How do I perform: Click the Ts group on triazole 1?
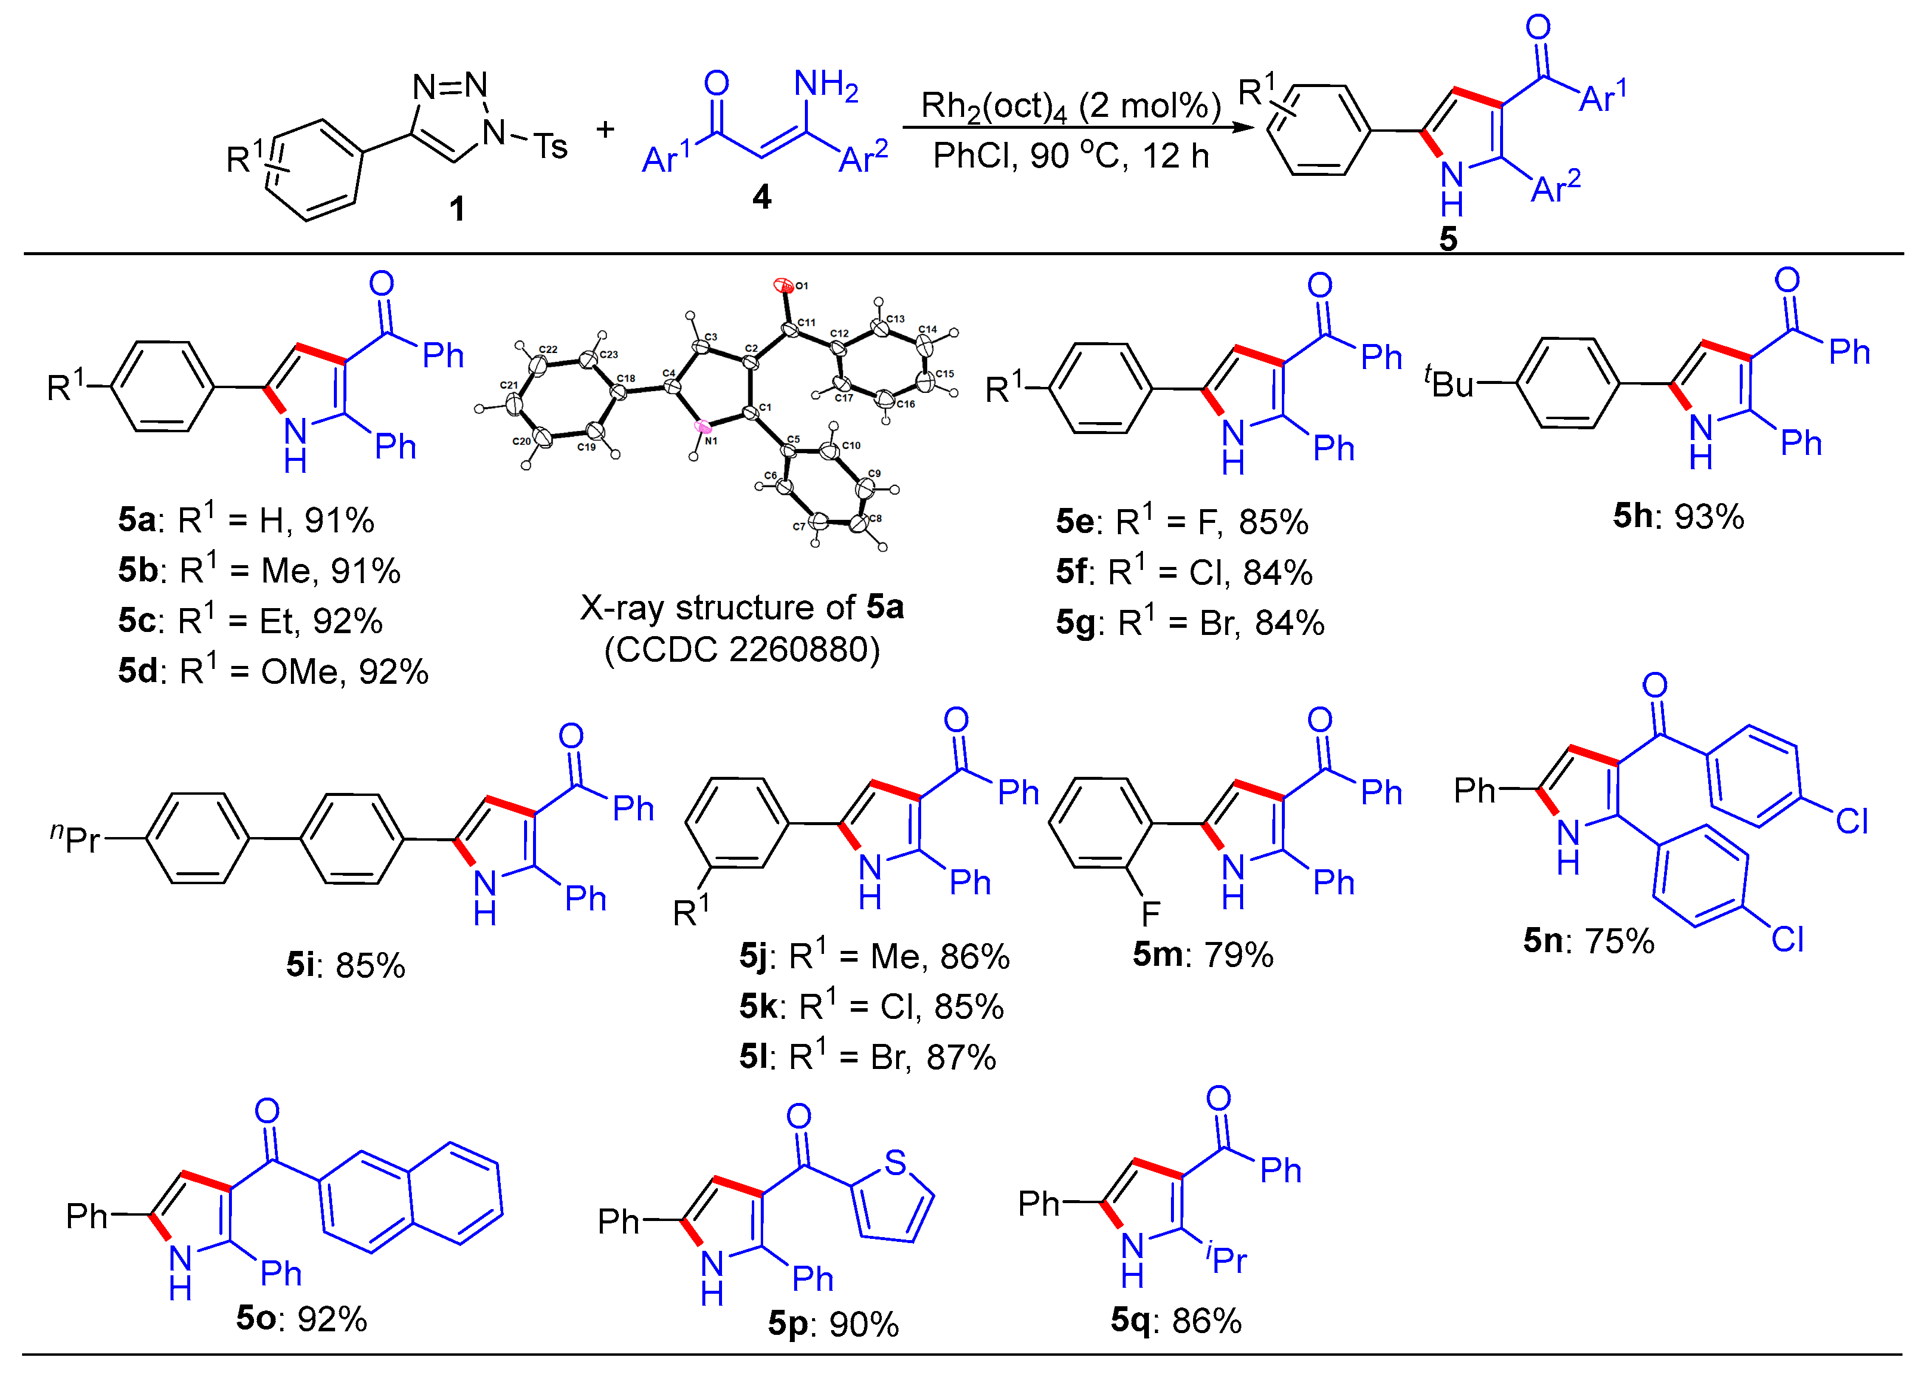pos(550,147)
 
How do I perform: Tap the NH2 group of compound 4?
pos(825,85)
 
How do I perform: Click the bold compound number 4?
pos(761,197)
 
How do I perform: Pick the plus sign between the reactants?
pos(605,129)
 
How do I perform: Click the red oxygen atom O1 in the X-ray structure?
pos(783,286)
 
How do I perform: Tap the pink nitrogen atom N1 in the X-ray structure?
pos(703,426)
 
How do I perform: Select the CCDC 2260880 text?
pos(742,650)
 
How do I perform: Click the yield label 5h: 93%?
pos(1677,516)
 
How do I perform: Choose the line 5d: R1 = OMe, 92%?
pos(272,671)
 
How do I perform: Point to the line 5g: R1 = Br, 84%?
pos(1189,622)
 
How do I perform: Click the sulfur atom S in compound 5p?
pos(896,1163)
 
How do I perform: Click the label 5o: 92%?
pos(302,1319)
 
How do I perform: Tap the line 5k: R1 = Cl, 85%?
pos(870,1006)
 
